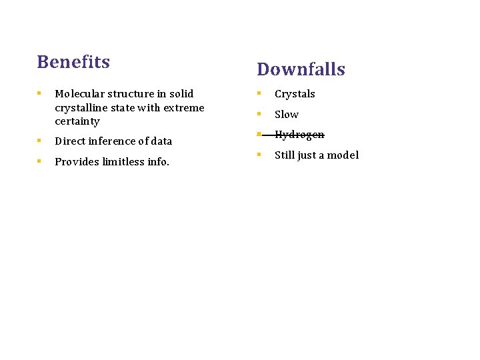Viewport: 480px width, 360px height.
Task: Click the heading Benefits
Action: click(73, 62)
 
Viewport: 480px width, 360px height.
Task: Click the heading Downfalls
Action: click(301, 69)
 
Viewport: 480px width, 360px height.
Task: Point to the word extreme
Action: click(184, 108)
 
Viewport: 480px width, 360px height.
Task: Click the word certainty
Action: click(77, 121)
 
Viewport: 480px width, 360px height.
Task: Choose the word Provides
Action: click(77, 162)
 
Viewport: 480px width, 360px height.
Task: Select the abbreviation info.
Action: click(160, 162)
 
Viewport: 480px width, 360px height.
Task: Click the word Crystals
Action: click(295, 94)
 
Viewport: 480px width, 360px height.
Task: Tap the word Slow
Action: click(287, 115)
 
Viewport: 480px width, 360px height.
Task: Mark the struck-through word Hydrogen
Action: click(299, 135)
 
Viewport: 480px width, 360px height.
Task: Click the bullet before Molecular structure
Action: click(40, 94)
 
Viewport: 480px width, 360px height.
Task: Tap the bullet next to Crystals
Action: click(260, 94)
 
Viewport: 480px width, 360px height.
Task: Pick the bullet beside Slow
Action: click(260, 115)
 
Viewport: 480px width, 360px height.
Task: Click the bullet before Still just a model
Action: click(260, 155)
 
